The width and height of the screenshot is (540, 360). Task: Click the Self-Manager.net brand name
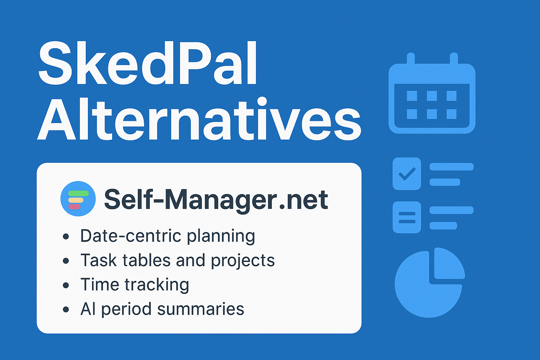tap(216, 199)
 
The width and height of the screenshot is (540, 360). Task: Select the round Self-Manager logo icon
tap(78, 199)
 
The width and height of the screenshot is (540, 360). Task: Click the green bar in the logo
tap(78, 193)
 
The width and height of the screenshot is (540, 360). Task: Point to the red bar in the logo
tap(75, 207)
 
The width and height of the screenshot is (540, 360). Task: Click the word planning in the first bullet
tap(221, 236)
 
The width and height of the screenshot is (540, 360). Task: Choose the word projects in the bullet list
tap(243, 261)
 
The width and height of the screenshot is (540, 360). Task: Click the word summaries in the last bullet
tap(200, 309)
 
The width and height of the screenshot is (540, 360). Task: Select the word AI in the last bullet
tap(88, 309)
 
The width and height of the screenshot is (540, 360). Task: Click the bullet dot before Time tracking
tap(66, 285)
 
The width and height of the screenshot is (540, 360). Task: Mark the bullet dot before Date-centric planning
tap(66, 236)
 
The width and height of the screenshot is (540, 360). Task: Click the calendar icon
tap(432, 97)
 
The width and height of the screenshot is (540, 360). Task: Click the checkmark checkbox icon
tap(407, 174)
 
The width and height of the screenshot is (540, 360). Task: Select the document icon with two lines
tap(407, 217)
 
